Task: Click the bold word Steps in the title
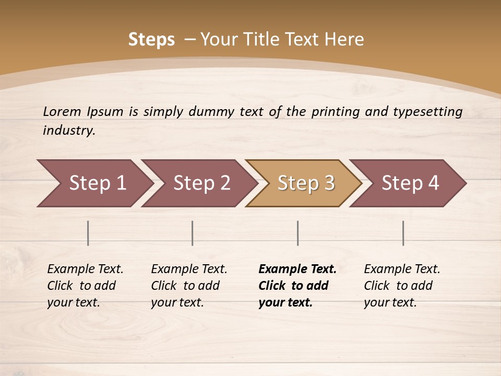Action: (x=151, y=40)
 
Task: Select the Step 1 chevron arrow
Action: (x=97, y=183)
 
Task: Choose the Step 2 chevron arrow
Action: (x=201, y=183)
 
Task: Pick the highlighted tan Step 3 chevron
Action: (x=306, y=183)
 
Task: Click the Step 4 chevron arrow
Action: (x=410, y=183)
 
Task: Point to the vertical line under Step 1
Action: (x=88, y=233)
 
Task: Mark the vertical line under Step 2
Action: (x=193, y=233)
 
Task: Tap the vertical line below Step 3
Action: (x=298, y=233)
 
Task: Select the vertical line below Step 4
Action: (x=403, y=233)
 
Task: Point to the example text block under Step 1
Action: (x=85, y=286)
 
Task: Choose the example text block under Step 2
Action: (x=189, y=286)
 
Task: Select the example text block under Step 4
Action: (x=402, y=286)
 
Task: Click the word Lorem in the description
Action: (x=62, y=112)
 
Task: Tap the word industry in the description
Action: (x=69, y=131)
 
